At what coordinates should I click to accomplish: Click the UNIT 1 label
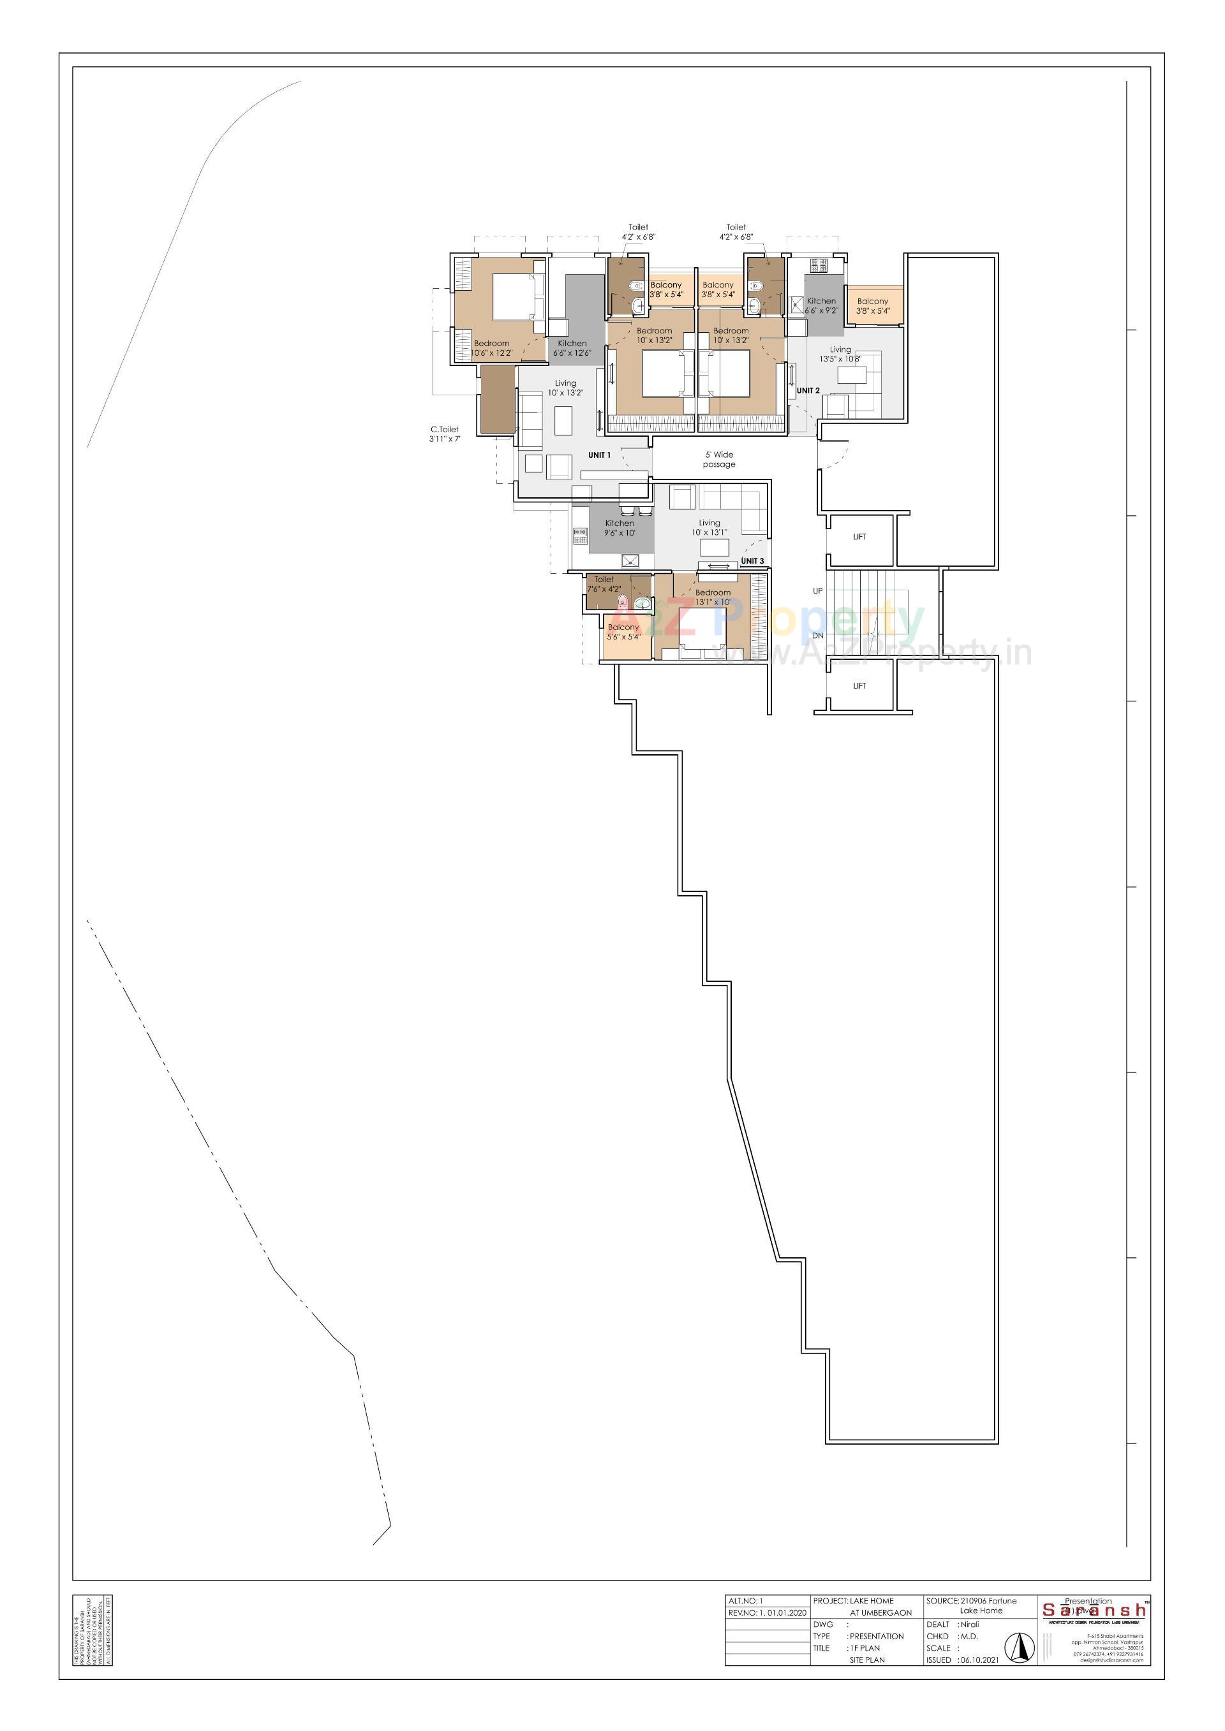pyautogui.click(x=599, y=455)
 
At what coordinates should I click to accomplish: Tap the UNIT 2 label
pyautogui.click(x=808, y=391)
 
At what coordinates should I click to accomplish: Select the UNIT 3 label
pyautogui.click(x=752, y=561)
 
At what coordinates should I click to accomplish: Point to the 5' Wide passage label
pyautogui.click(x=719, y=460)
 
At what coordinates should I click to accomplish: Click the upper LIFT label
pyautogui.click(x=859, y=537)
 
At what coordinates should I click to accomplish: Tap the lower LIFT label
pyautogui.click(x=859, y=686)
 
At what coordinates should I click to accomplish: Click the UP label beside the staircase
pyautogui.click(x=818, y=591)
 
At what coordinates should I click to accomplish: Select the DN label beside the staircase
pyautogui.click(x=818, y=636)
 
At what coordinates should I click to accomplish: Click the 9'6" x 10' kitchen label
pyautogui.click(x=620, y=529)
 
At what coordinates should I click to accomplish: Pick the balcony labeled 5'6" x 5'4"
pyautogui.click(x=624, y=632)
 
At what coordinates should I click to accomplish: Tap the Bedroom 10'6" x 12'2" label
pyautogui.click(x=492, y=348)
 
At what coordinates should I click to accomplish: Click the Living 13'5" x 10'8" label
pyautogui.click(x=840, y=354)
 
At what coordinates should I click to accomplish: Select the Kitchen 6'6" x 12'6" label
pyautogui.click(x=572, y=348)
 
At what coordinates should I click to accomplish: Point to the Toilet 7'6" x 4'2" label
pyautogui.click(x=604, y=584)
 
